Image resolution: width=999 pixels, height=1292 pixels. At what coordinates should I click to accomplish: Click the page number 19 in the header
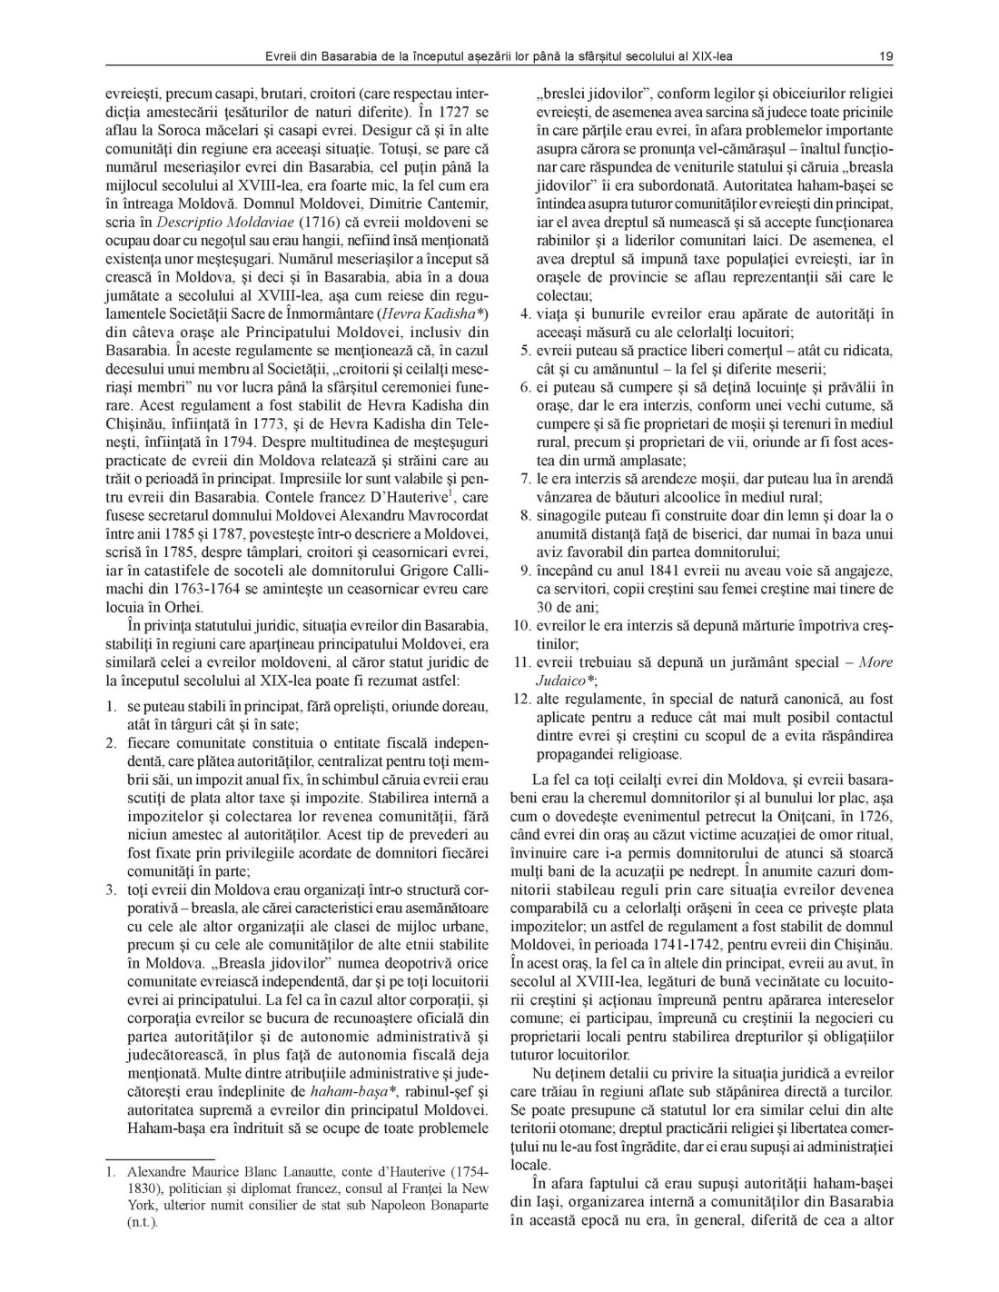pos(886,56)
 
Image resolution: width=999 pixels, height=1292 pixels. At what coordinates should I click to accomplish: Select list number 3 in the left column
pos(112,915)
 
